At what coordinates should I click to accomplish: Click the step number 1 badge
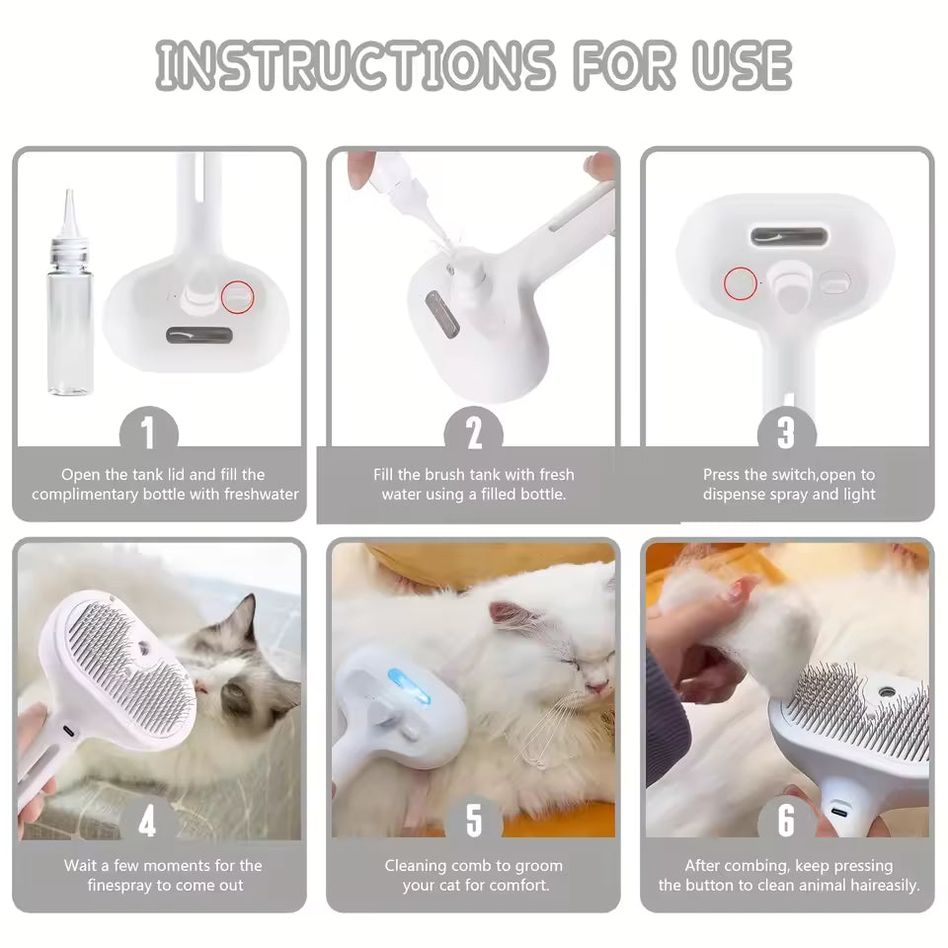pyautogui.click(x=148, y=433)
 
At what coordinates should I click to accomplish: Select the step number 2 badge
pyautogui.click(x=473, y=433)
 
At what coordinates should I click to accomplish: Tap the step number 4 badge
pyautogui.click(x=148, y=821)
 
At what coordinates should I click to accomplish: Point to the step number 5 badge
pyautogui.click(x=473, y=821)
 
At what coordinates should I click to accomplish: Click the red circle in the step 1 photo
pyautogui.click(x=237, y=294)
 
